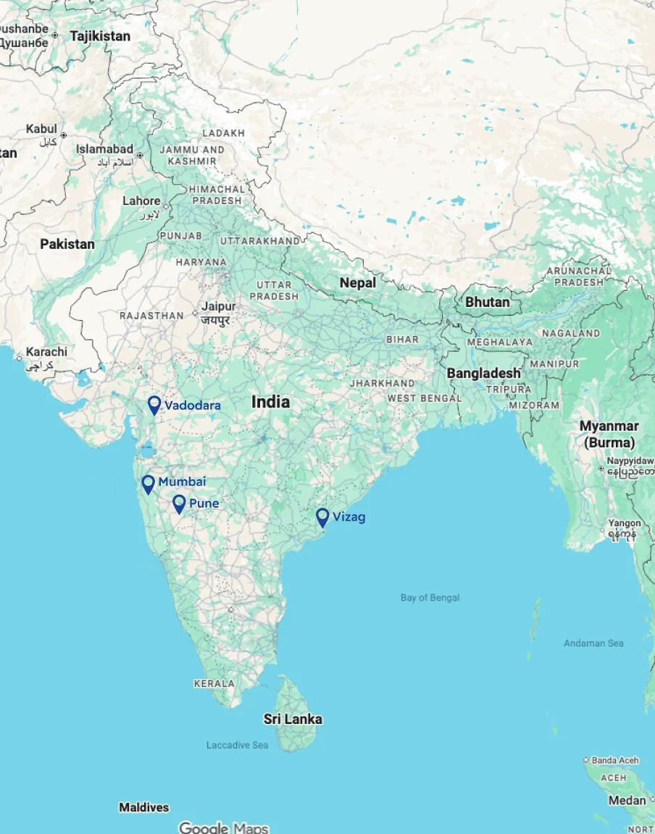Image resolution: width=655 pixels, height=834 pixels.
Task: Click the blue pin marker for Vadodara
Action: [x=154, y=405]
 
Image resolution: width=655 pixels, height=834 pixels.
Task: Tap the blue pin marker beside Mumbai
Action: [x=149, y=484]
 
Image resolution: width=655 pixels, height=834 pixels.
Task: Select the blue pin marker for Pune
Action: [x=179, y=504]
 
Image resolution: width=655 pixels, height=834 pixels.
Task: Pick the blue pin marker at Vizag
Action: [x=322, y=517]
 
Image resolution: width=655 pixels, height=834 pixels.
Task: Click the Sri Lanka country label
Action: [x=293, y=719]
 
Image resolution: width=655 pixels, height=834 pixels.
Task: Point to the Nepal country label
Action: [x=358, y=283]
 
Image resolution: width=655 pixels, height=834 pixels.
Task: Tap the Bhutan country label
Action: [x=488, y=302]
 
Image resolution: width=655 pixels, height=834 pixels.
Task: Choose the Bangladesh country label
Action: [x=483, y=373]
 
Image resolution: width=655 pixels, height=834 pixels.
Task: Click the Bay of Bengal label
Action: [x=430, y=597]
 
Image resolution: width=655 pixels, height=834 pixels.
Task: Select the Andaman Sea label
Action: [x=593, y=643]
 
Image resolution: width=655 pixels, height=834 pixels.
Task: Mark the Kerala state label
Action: [x=214, y=683]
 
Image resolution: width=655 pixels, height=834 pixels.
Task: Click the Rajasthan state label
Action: [x=151, y=316]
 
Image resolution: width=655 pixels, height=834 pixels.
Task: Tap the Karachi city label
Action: [x=46, y=352]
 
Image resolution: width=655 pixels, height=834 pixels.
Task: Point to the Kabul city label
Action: [x=41, y=129]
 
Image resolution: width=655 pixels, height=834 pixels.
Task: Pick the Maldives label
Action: [x=143, y=807]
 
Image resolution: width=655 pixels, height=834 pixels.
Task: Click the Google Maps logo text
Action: [x=223, y=827]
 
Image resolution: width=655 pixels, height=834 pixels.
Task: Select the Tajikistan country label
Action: [x=100, y=36]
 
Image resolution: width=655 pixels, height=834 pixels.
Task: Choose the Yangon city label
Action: [x=625, y=523]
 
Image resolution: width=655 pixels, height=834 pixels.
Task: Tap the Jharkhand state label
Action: [x=382, y=383]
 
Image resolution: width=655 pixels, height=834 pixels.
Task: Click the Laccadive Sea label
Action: [x=237, y=745]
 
